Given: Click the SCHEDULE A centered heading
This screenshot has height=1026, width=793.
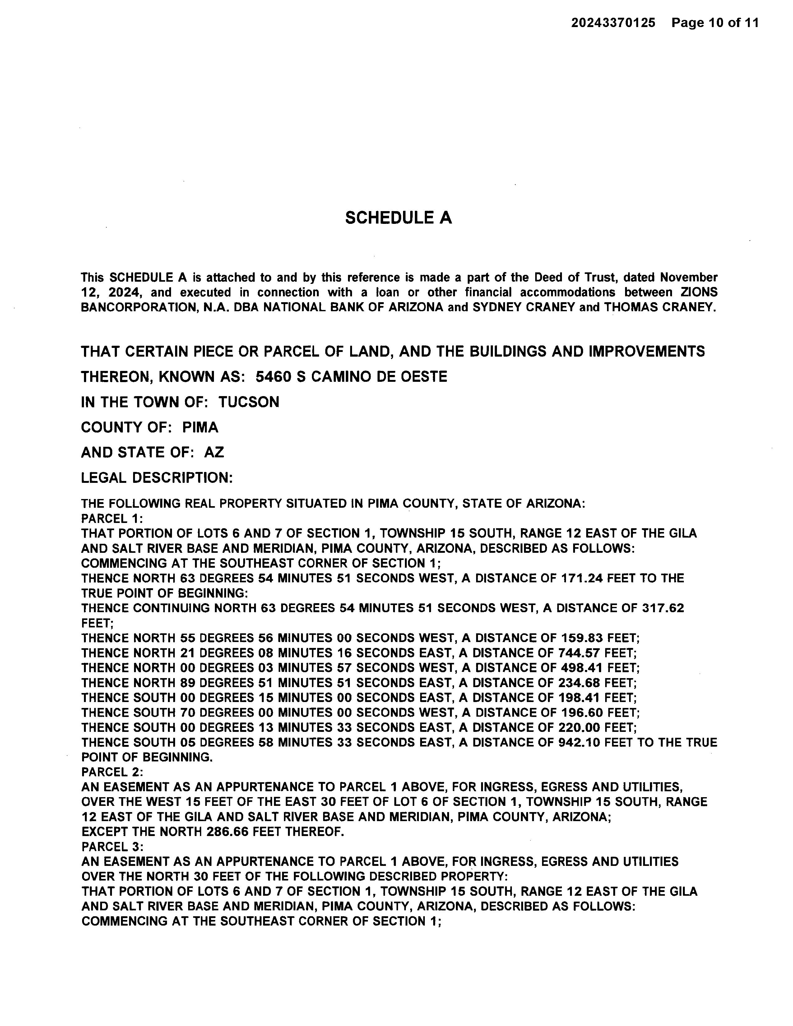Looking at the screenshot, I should [x=398, y=218].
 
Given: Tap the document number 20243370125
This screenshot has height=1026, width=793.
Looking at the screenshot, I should [x=613, y=23].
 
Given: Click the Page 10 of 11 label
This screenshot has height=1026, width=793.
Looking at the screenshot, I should [x=715, y=23].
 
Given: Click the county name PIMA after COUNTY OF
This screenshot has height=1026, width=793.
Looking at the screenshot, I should [x=200, y=427].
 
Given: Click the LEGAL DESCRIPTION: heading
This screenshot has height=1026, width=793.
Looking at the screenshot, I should [x=157, y=478].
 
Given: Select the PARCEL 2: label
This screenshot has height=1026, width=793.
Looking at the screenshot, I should [x=112, y=772].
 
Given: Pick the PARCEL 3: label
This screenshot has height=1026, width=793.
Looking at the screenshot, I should [x=112, y=847].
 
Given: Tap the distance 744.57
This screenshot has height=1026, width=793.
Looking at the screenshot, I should [x=579, y=653].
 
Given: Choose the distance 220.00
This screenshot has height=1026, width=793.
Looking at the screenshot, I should [x=579, y=728].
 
